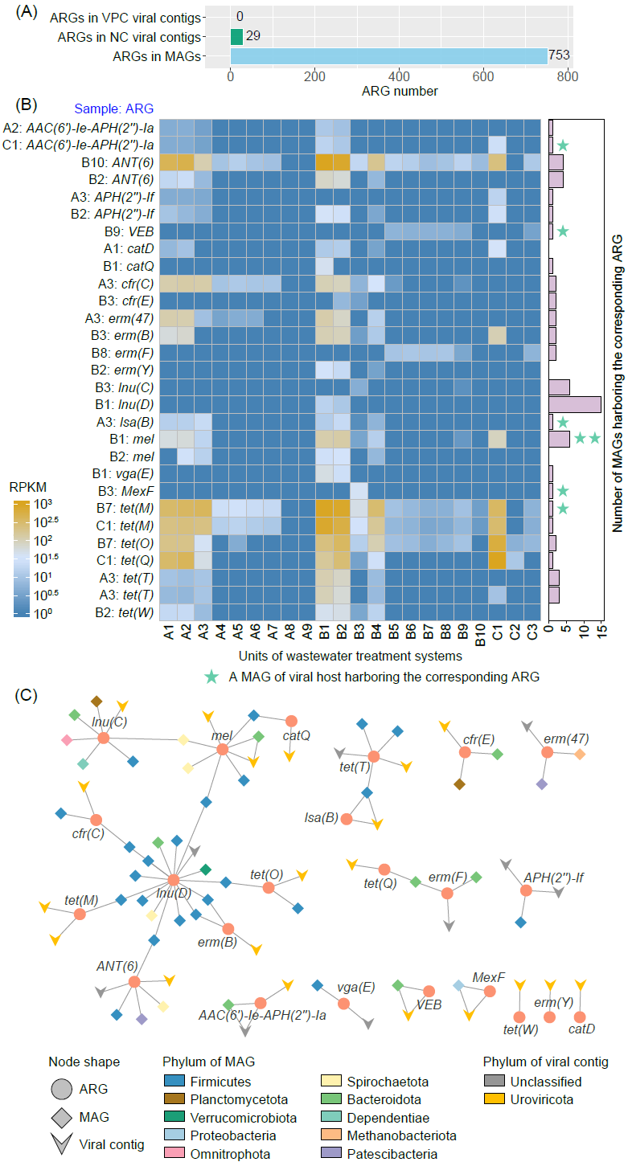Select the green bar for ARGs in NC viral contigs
[236, 36]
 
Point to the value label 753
[559, 56]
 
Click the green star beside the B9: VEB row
[564, 231]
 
